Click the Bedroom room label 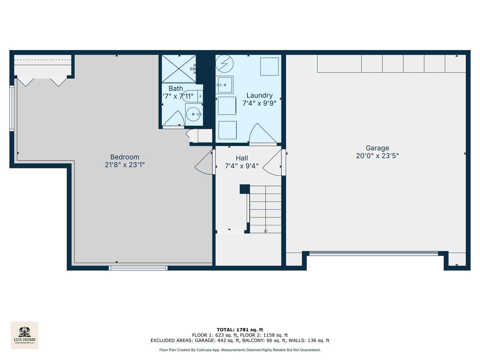coord(125,157)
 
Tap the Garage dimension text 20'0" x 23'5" coord(377,156)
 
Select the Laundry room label coord(259,96)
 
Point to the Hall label coord(242,158)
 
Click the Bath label coord(176,89)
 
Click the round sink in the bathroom coord(193,114)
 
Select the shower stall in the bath coord(179,69)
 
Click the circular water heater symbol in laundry coord(224,63)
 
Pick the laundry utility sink coord(225,85)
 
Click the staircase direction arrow coord(266,231)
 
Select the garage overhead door coord(374,254)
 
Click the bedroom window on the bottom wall coord(138,268)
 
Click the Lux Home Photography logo coord(25,335)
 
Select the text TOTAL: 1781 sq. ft coord(240,330)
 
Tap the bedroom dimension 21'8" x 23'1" coord(125,165)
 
